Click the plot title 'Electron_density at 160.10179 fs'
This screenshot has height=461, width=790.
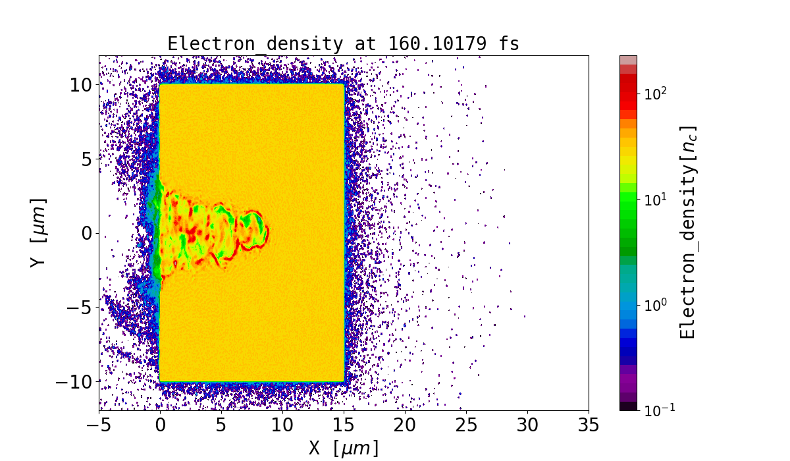point(343,43)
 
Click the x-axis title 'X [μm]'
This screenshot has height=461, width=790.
point(344,448)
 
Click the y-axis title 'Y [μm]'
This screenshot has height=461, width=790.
point(39,232)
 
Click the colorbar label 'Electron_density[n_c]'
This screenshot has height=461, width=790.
point(688,232)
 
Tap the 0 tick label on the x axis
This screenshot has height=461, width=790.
point(160,425)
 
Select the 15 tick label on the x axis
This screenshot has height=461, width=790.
point(344,425)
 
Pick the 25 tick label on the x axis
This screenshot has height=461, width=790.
point(466,425)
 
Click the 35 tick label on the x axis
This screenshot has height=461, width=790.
point(589,425)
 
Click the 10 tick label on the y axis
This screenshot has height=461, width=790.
point(81,84)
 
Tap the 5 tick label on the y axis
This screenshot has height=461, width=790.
point(86,159)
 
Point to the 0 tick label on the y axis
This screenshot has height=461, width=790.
point(86,233)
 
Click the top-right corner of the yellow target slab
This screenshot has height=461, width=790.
point(343,85)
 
